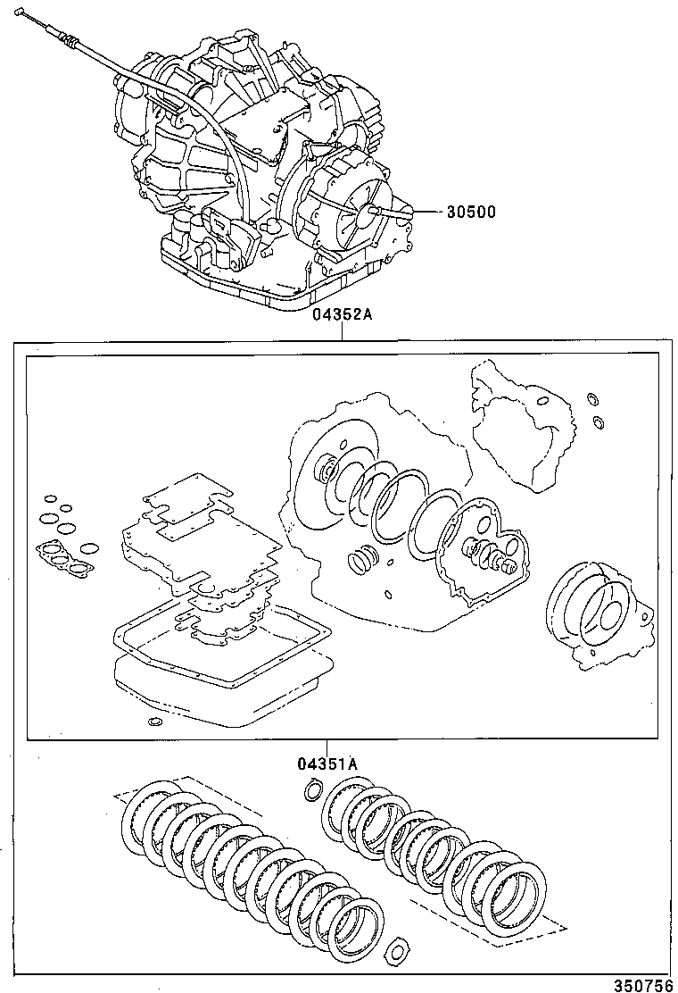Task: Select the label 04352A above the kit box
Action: tap(343, 315)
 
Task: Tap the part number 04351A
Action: tap(327, 764)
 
